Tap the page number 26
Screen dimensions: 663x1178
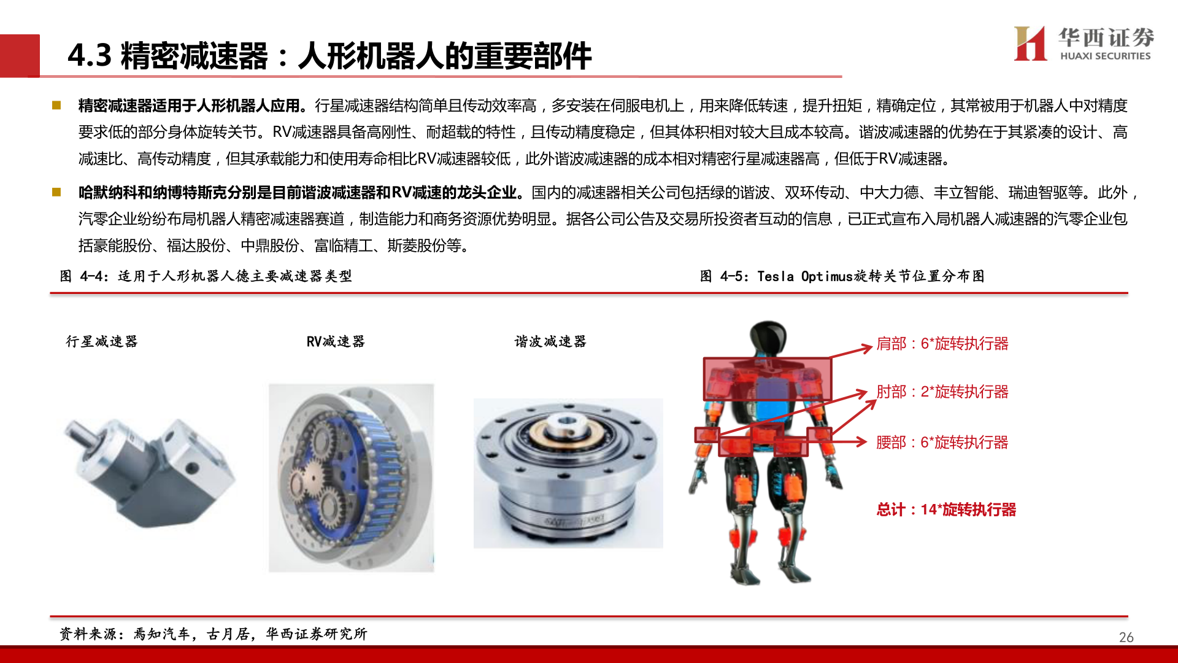[1126, 637]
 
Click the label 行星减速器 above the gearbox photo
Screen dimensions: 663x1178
[102, 341]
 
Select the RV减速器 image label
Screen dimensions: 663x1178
[336, 341]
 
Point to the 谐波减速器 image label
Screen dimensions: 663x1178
[550, 341]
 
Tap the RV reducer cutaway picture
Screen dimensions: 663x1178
[351, 478]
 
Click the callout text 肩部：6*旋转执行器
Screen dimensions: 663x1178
[942, 344]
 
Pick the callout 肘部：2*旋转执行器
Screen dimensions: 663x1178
[942, 392]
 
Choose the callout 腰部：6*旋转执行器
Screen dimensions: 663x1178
[942, 442]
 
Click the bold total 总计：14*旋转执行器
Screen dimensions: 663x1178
[946, 510]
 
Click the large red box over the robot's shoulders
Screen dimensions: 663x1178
[767, 378]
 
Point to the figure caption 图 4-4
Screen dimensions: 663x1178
[206, 276]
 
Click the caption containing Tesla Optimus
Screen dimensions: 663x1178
[842, 276]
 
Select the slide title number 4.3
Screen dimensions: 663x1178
[90, 55]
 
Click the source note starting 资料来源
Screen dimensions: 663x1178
[214, 634]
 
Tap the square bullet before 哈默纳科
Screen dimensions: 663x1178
[56, 193]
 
